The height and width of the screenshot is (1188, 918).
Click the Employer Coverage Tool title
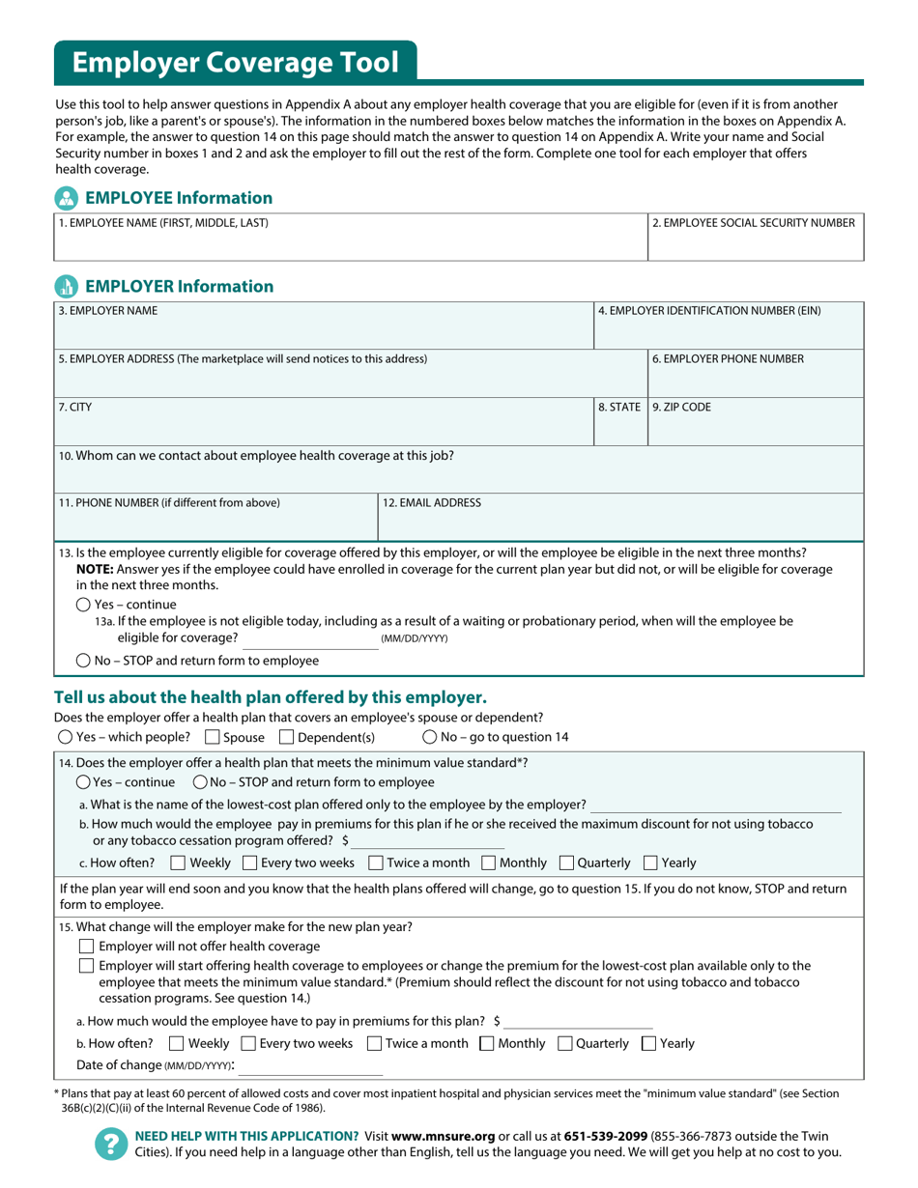[x=235, y=63]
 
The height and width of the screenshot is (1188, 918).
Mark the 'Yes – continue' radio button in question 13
[x=83, y=605]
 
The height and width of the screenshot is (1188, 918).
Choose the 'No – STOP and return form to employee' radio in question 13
[x=83, y=661]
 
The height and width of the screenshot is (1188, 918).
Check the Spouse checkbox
[x=213, y=737]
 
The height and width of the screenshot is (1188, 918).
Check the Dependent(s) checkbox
[x=286, y=737]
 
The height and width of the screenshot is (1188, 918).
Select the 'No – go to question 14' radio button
[x=430, y=737]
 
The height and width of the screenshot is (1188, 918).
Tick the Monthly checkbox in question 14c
[x=488, y=863]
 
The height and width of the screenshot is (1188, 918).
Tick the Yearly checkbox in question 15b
[x=649, y=1043]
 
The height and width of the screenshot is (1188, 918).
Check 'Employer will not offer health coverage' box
[x=86, y=946]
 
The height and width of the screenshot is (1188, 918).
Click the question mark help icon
[x=109, y=1145]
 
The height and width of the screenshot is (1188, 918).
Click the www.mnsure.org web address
[x=444, y=1136]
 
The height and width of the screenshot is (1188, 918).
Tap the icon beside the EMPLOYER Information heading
[x=66, y=286]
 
